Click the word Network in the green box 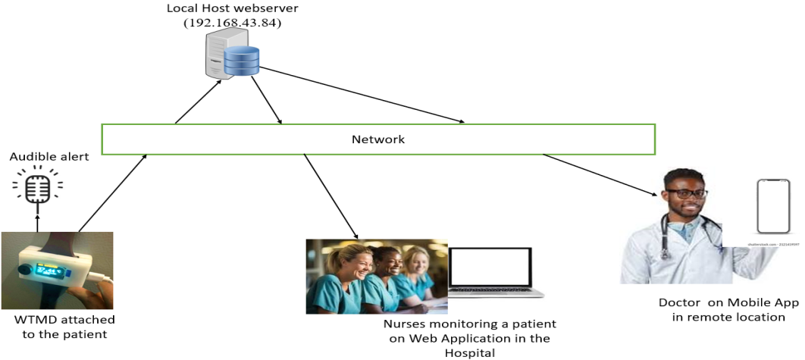pos(378,139)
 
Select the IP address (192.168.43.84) pos(232,23)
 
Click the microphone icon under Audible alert pos(38,188)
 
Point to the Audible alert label pos(49,157)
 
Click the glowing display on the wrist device pos(45,269)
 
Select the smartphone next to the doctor pos(774,205)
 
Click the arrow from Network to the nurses pos(330,195)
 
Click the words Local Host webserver pos(233,8)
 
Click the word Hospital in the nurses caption pos(470,352)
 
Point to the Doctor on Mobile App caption pos(728,309)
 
